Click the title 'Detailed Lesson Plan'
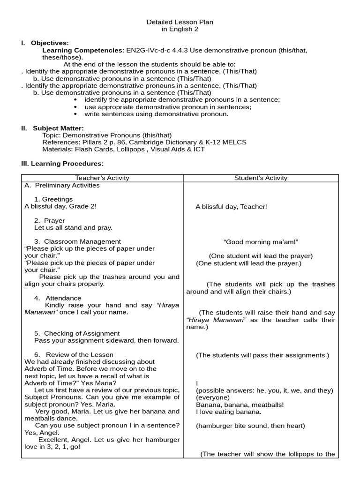coord(180,22)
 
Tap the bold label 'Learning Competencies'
coord(82,50)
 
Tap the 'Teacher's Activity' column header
coord(102,178)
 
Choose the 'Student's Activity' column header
coord(261,178)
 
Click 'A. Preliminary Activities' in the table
coord(62,185)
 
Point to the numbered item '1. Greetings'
coord(53,199)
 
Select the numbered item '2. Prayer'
coord(50,220)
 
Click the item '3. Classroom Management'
coord(77,241)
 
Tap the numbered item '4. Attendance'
coord(58,298)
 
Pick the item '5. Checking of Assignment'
coord(77,333)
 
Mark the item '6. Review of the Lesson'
coord(74,354)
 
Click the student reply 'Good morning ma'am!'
coord(261,242)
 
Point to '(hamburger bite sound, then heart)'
coord(250,426)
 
